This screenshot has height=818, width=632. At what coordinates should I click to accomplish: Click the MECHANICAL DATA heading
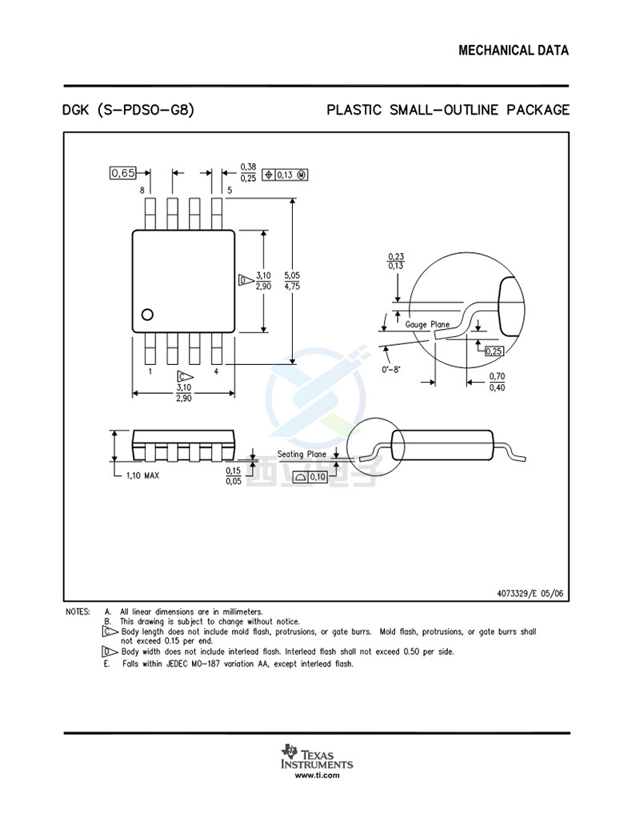(x=514, y=50)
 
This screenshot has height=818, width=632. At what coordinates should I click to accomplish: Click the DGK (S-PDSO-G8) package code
(x=128, y=110)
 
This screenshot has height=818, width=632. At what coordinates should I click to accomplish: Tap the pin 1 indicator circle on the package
(x=147, y=315)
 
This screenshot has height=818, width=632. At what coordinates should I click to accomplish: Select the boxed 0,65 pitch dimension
(x=123, y=173)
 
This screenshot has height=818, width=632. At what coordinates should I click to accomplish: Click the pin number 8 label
(x=142, y=190)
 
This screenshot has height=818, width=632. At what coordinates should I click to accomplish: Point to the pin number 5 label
(x=230, y=190)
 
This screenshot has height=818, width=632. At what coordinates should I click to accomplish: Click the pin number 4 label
(x=216, y=371)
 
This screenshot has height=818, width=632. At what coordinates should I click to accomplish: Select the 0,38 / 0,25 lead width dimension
(x=248, y=173)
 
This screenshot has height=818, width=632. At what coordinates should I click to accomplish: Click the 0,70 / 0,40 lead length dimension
(x=496, y=382)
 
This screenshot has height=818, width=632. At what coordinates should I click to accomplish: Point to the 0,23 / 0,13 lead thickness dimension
(x=395, y=261)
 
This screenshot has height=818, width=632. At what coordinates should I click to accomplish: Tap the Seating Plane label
(x=302, y=454)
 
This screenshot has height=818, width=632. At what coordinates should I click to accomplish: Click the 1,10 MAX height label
(x=142, y=475)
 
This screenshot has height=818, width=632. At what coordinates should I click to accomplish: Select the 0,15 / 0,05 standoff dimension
(x=234, y=475)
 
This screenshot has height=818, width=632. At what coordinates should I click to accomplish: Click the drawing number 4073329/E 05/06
(x=530, y=593)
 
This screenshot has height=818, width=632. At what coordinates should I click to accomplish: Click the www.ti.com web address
(x=316, y=775)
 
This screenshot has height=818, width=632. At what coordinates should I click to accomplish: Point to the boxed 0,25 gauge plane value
(x=494, y=351)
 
